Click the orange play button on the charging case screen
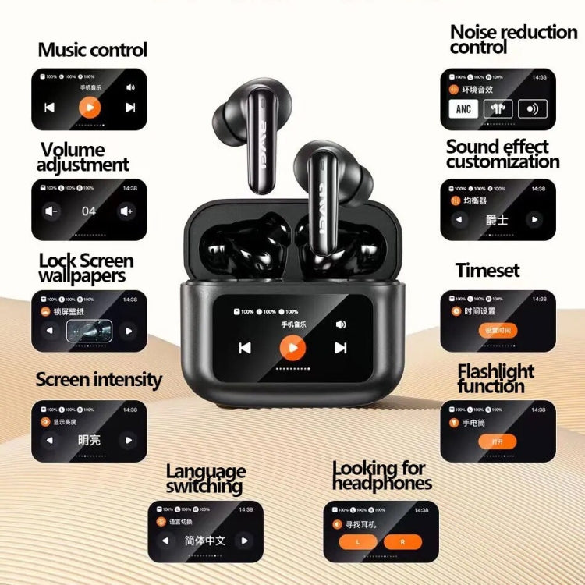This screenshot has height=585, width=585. (292, 347)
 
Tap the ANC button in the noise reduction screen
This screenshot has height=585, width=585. (463, 108)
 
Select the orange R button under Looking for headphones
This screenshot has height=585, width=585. (402, 541)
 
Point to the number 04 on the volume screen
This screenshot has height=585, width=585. (89, 211)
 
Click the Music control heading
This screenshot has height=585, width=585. (92, 51)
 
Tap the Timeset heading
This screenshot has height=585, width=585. (487, 271)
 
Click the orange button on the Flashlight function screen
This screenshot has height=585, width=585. (498, 441)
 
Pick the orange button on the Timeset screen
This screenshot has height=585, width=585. (498, 330)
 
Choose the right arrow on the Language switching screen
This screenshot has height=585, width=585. (244, 541)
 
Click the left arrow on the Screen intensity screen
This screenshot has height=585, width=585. (50, 440)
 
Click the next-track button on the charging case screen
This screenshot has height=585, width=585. (340, 348)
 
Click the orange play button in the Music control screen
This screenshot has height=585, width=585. (90, 107)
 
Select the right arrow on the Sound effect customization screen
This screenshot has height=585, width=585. (534, 220)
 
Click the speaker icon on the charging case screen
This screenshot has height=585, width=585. (341, 324)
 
